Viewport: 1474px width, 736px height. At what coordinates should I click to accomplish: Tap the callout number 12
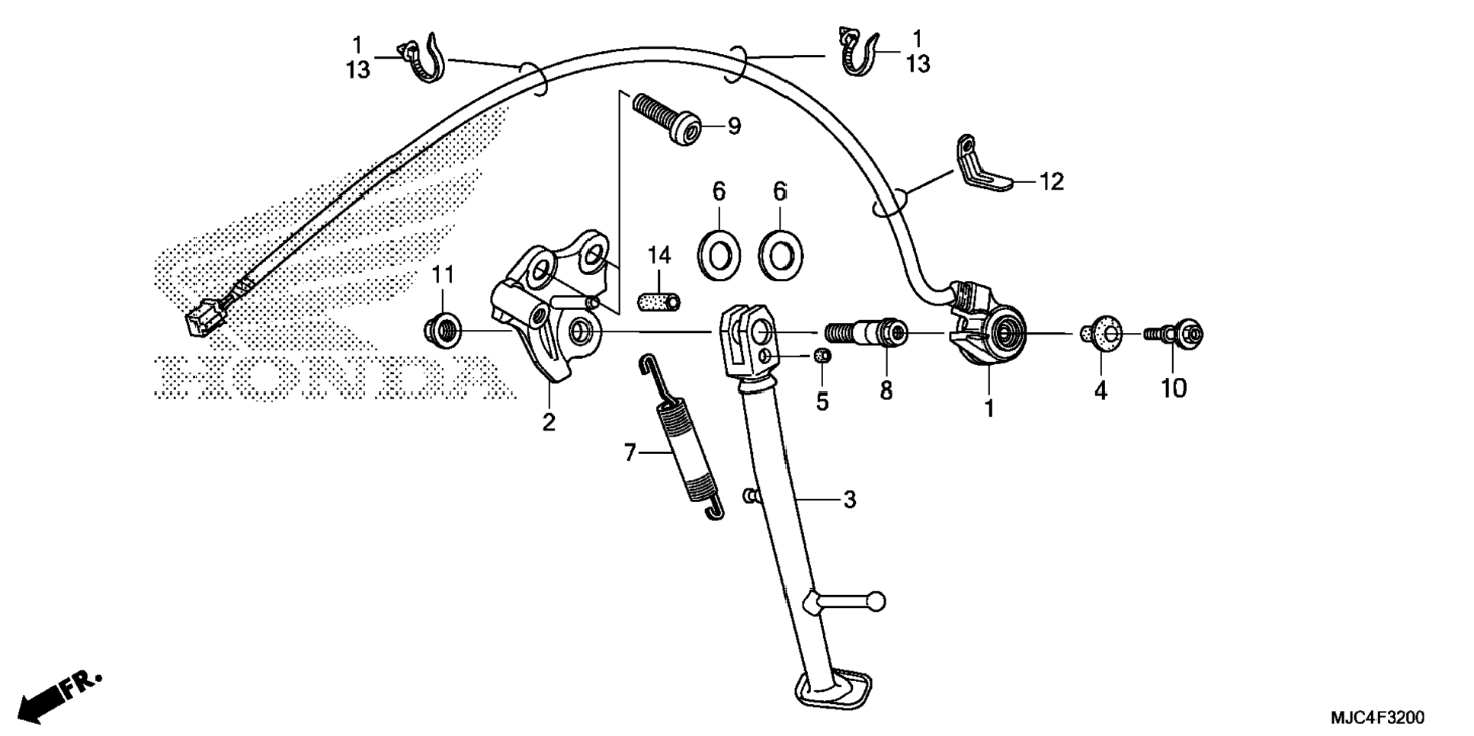(x=1051, y=182)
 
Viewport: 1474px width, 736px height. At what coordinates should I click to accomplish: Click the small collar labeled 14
(x=658, y=300)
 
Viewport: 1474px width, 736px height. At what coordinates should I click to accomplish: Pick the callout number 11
(x=443, y=275)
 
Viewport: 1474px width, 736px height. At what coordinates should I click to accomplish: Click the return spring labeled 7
(x=681, y=439)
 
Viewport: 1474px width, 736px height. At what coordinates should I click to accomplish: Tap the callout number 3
(x=850, y=500)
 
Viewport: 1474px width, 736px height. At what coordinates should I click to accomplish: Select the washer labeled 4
(x=1102, y=334)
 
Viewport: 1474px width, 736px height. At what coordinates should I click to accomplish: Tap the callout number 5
(x=822, y=402)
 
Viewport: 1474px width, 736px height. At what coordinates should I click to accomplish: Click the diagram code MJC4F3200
(x=1376, y=718)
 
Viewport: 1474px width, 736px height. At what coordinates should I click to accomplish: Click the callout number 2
(x=549, y=422)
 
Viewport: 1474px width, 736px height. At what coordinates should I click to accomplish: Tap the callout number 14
(x=659, y=256)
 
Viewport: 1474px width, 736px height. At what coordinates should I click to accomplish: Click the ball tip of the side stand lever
(x=876, y=601)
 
